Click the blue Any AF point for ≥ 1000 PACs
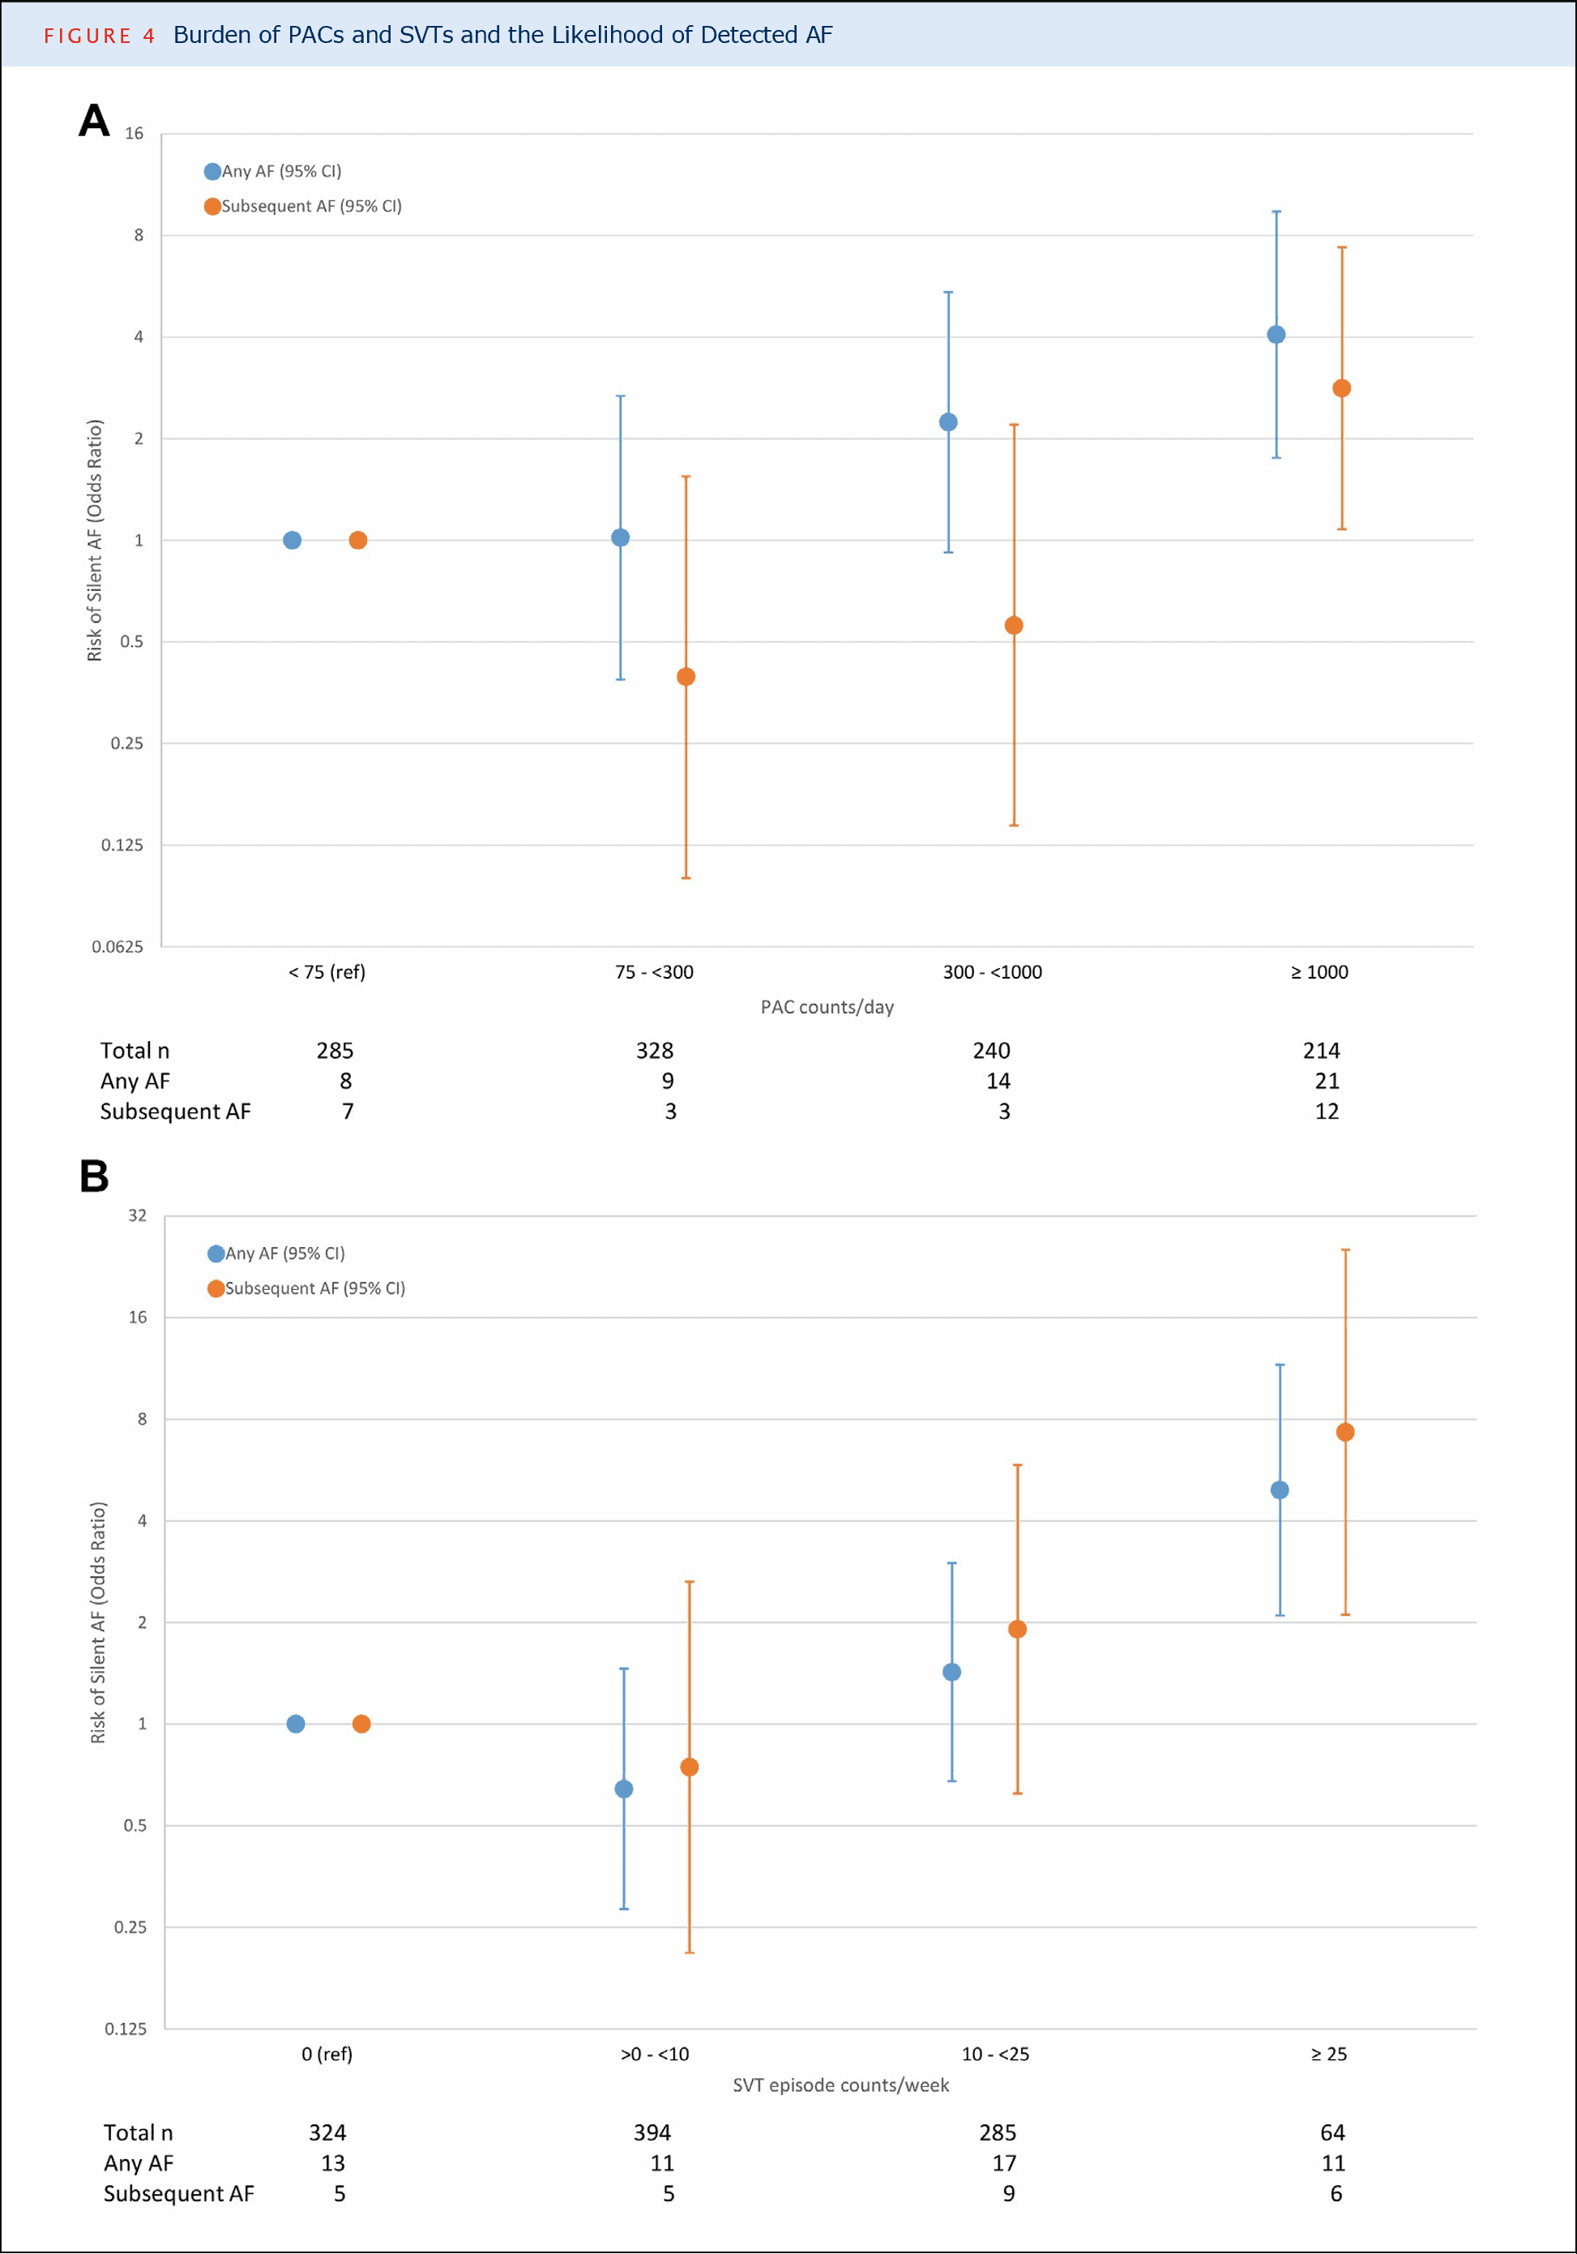coord(1276,335)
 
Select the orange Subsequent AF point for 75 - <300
coord(686,676)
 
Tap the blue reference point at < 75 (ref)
coord(293,540)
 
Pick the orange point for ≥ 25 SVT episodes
coord(1345,1433)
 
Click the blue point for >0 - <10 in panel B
coord(624,1789)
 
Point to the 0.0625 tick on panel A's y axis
coord(118,946)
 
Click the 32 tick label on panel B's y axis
coord(138,1215)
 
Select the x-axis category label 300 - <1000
coord(992,972)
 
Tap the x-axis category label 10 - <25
coord(995,2054)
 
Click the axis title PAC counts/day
coord(827,1007)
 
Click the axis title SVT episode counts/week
coord(841,2085)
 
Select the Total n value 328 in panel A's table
coord(655,1051)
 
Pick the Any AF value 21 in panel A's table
coord(1327,1081)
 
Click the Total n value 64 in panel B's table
coord(1332,2132)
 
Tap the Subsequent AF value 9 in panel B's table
coord(1009,2193)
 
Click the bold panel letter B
coord(94,1176)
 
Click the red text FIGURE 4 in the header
coord(99,36)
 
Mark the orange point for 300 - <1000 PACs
coord(1014,625)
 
